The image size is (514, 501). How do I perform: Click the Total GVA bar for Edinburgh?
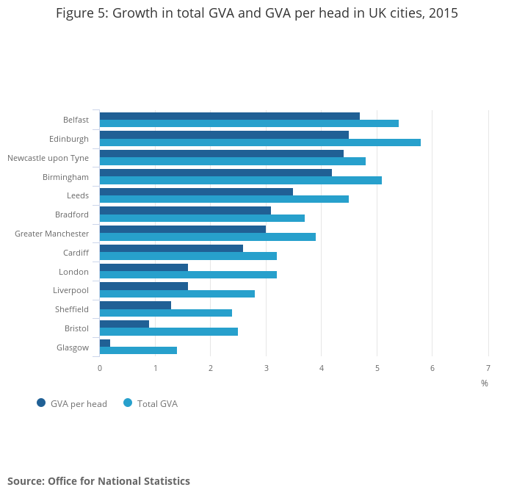(260, 143)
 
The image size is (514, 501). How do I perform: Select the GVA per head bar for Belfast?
(229, 116)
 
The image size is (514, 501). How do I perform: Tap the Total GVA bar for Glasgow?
(138, 350)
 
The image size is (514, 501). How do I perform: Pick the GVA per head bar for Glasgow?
(105, 343)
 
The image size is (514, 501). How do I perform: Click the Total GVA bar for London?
(188, 275)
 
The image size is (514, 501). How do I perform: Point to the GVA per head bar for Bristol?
(124, 324)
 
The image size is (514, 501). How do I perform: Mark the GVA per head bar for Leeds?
(196, 192)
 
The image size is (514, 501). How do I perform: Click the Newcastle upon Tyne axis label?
(48, 158)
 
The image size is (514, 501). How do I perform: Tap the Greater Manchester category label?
(51, 234)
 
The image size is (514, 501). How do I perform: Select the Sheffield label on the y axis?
(71, 309)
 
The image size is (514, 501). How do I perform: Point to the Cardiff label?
(76, 253)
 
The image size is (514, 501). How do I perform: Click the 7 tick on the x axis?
(488, 368)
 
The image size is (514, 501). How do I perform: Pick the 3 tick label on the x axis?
(266, 368)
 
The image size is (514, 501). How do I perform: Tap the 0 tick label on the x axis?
(100, 368)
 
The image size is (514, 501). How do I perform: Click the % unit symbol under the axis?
(485, 383)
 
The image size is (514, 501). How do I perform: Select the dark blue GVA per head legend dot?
(41, 403)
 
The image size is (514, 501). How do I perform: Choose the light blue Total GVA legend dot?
(128, 403)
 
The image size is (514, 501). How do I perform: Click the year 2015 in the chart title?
(442, 13)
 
